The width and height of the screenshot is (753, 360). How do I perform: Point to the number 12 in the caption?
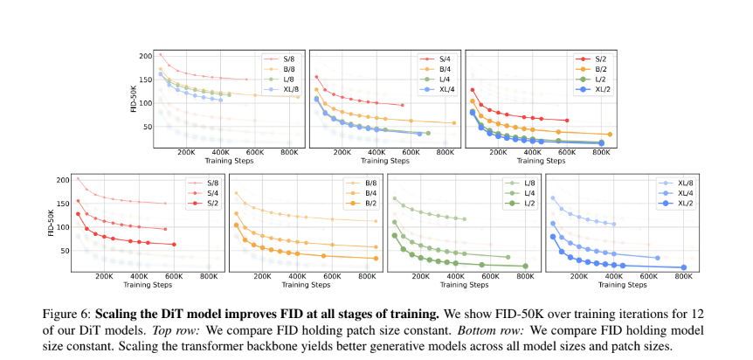click(x=695, y=312)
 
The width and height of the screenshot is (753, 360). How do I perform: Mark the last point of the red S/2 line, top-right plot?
click(x=566, y=121)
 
